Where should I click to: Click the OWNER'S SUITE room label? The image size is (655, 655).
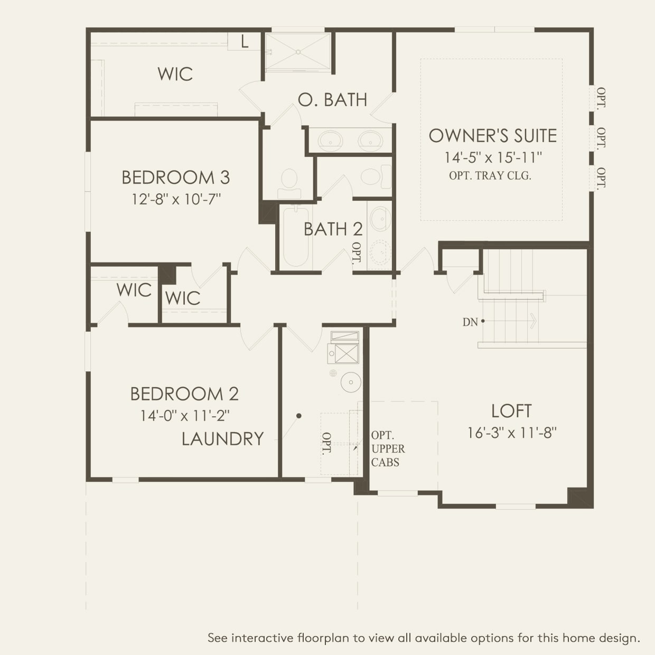(492, 136)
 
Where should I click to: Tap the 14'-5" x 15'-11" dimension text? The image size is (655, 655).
(493, 157)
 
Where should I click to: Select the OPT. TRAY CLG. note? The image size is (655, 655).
(490, 176)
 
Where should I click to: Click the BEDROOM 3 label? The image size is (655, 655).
(175, 177)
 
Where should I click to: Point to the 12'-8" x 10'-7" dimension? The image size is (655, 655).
(176, 199)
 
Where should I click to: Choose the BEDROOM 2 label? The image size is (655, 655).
(184, 394)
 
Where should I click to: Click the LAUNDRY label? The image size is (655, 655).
(222, 439)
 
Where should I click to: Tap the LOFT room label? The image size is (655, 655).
(511, 411)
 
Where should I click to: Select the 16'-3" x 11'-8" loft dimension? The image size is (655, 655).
(512, 433)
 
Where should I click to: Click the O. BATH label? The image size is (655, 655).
(332, 100)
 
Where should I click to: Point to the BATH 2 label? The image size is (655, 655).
(333, 229)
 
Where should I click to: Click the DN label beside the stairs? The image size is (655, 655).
(470, 322)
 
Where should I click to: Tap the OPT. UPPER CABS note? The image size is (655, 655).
(388, 449)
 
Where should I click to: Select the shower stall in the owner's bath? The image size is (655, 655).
(298, 52)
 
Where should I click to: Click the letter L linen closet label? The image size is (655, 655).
(245, 42)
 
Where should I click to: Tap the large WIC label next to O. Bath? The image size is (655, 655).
(175, 74)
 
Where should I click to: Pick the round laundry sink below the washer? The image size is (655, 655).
(350, 382)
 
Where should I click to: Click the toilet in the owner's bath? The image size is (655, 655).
(289, 180)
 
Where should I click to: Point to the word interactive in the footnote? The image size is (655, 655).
(262, 638)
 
